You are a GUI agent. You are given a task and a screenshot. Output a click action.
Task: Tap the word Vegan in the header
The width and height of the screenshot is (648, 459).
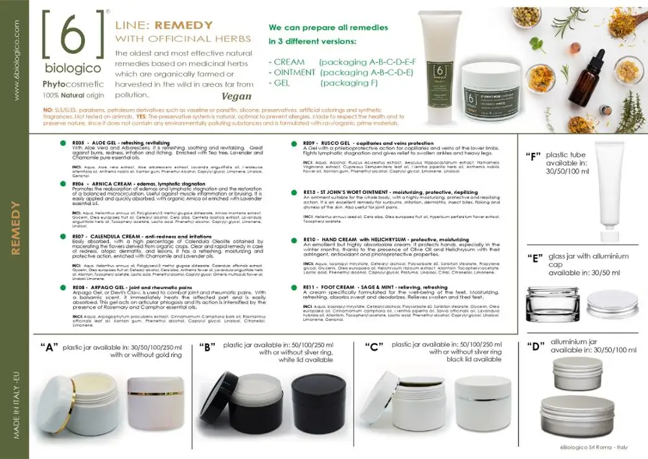237,97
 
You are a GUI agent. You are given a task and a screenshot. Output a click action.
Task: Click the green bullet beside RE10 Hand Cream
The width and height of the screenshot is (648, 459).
293,239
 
